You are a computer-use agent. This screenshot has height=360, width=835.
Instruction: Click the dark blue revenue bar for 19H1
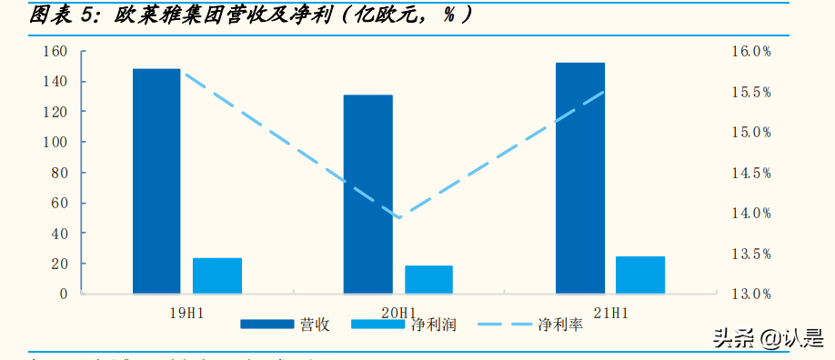coord(156,181)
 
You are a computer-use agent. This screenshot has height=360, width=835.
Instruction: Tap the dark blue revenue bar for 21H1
coord(580,178)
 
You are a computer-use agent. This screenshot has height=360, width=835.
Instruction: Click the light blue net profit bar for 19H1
coord(217,275)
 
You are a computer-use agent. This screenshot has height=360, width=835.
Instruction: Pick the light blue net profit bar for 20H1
coord(428,279)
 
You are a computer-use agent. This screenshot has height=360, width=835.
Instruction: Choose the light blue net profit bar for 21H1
coord(640,275)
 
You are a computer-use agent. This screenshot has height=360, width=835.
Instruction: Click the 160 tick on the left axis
coord(55,52)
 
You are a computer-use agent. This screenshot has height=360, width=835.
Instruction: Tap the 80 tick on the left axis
coord(60,173)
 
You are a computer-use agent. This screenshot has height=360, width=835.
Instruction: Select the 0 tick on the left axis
coord(64,294)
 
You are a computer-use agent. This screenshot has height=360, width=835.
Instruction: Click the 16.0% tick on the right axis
coord(751,52)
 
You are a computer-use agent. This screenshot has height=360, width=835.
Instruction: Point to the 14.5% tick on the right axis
coord(751,173)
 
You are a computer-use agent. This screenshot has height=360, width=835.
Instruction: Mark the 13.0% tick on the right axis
coord(751,294)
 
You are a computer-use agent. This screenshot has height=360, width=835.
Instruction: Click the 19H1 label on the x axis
coord(187,313)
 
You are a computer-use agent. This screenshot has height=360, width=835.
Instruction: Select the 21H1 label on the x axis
coord(610,313)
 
